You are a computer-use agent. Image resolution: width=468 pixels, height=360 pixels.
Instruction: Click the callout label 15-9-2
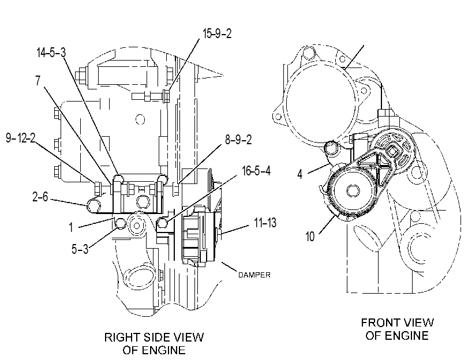[217, 33]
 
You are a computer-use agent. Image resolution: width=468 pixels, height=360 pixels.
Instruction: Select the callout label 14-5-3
[51, 52]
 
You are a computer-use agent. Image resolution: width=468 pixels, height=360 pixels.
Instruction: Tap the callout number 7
[38, 81]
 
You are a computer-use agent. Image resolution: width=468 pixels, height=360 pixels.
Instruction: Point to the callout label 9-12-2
[21, 138]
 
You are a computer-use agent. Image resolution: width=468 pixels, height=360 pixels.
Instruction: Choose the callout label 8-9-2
[238, 140]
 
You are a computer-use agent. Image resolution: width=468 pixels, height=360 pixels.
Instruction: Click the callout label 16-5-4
[256, 171]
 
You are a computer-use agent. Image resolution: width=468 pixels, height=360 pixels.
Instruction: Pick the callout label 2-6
[40, 197]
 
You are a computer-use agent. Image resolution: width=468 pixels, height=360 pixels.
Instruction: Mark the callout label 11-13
[265, 223]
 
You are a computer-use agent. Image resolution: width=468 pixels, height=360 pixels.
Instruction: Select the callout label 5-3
[80, 249]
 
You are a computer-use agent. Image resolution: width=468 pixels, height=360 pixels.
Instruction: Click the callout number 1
[71, 227]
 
